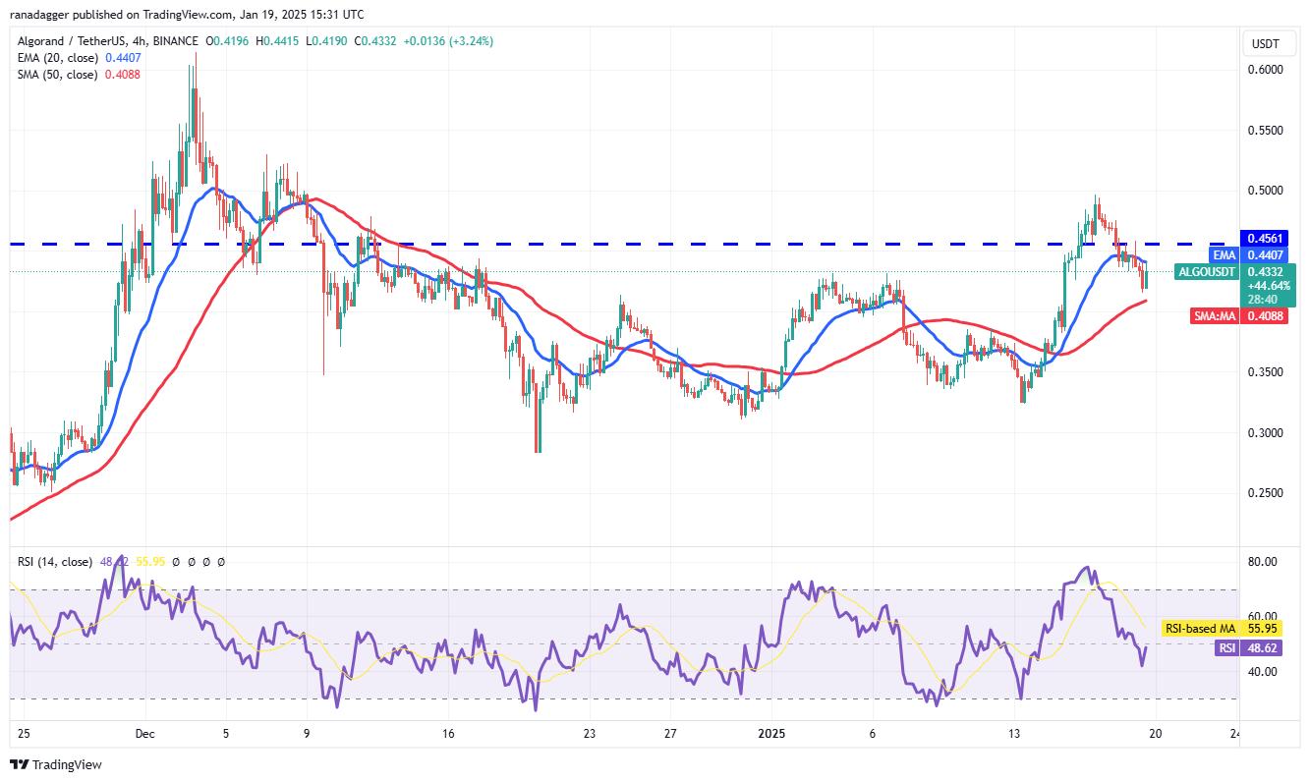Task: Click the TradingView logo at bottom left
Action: (x=56, y=764)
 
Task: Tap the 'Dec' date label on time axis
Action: (x=144, y=733)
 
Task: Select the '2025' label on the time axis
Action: (x=771, y=733)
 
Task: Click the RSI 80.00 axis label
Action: (x=1263, y=562)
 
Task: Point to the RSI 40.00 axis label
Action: (x=1263, y=672)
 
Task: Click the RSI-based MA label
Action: (x=1198, y=628)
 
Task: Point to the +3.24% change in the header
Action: (x=473, y=41)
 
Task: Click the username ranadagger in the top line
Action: (x=42, y=15)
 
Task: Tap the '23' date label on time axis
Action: (x=590, y=733)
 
